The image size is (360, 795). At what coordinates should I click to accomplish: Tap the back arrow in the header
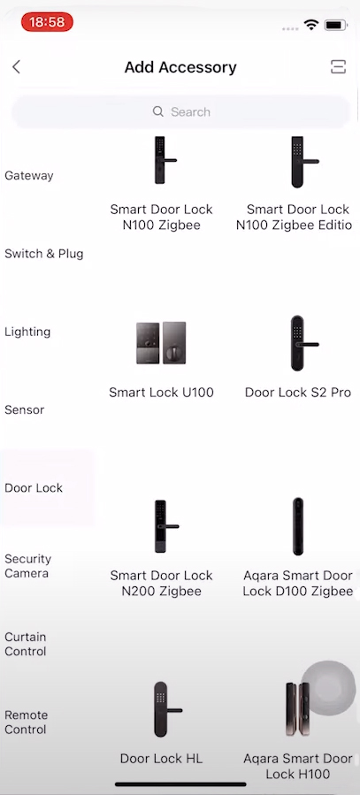pyautogui.click(x=16, y=67)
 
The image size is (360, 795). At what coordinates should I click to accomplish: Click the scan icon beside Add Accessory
pyautogui.click(x=338, y=66)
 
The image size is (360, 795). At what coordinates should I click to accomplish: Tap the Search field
pyautogui.click(x=181, y=112)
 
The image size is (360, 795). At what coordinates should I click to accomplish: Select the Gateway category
pyautogui.click(x=29, y=175)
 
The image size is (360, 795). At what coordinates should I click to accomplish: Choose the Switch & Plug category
pyautogui.click(x=44, y=254)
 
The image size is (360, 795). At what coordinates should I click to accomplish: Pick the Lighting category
pyautogui.click(x=27, y=333)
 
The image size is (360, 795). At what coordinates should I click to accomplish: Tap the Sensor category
pyautogui.click(x=25, y=409)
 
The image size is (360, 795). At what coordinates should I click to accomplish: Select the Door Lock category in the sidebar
pyautogui.click(x=34, y=488)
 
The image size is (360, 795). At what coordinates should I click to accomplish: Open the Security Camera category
pyautogui.click(x=28, y=566)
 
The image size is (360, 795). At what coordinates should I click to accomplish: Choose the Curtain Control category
pyautogui.click(x=26, y=644)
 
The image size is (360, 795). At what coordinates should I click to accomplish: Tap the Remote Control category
pyautogui.click(x=26, y=722)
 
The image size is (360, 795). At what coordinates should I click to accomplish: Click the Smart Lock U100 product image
pyautogui.click(x=161, y=343)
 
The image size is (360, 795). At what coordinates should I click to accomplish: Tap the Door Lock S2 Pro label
pyautogui.click(x=298, y=393)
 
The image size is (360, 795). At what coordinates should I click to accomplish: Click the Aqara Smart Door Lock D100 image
pyautogui.click(x=297, y=526)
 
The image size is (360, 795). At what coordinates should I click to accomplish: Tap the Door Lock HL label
pyautogui.click(x=161, y=759)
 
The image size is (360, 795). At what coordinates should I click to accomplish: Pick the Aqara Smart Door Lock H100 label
pyautogui.click(x=297, y=766)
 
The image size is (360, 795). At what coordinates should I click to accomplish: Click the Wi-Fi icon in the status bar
pyautogui.click(x=310, y=25)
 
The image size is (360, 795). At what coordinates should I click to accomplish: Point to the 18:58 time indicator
pyautogui.click(x=47, y=22)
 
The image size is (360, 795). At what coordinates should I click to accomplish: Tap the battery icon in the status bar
pyautogui.click(x=335, y=25)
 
